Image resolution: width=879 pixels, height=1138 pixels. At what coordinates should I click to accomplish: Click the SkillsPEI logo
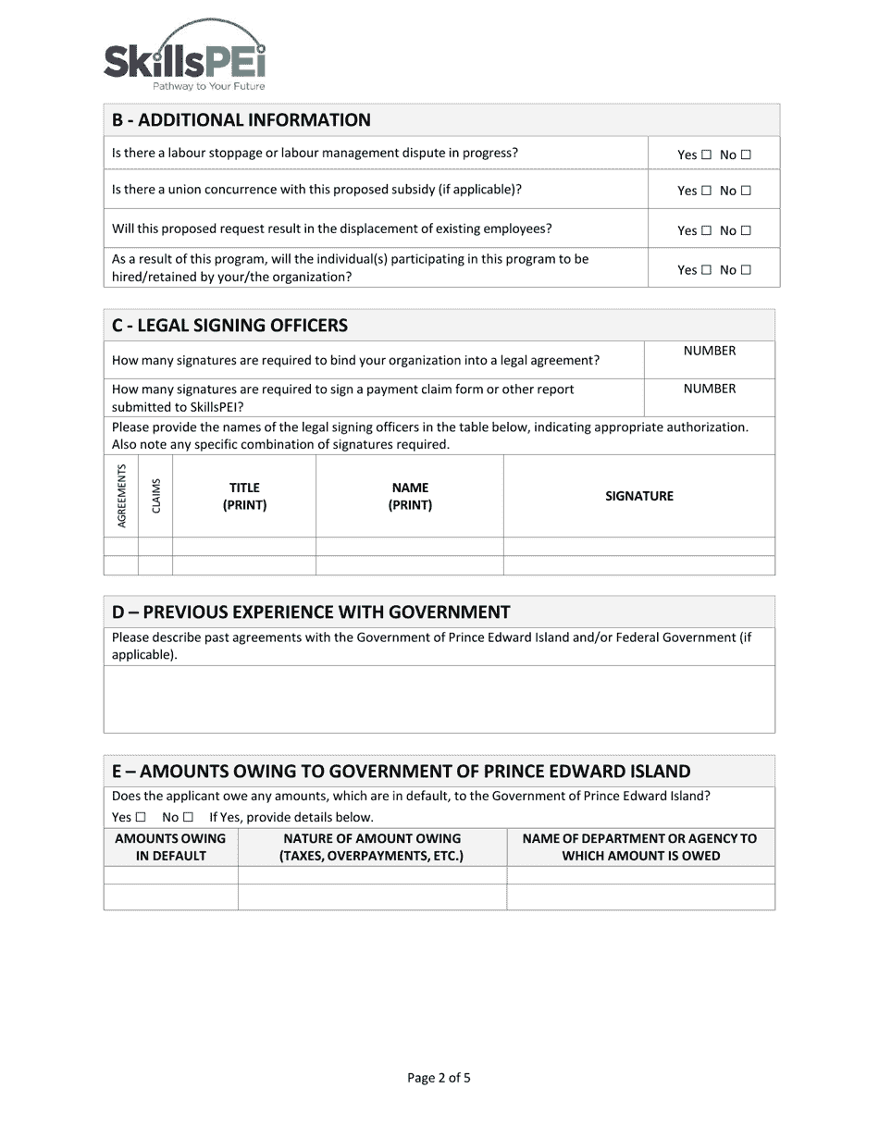(x=185, y=56)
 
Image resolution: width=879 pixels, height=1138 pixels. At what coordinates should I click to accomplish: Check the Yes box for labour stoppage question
(x=707, y=155)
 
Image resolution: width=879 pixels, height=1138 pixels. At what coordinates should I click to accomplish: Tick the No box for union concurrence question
(x=747, y=192)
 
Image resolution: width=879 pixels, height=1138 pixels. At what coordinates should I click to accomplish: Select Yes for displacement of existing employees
(x=707, y=231)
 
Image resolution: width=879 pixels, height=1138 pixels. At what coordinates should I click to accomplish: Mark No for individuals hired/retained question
(x=747, y=270)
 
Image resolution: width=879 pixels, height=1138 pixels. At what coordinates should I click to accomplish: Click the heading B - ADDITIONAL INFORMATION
(x=241, y=120)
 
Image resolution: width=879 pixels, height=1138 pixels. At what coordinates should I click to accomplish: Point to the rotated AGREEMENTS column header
(x=121, y=496)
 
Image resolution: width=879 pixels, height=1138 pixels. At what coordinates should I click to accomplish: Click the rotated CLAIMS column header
(x=155, y=496)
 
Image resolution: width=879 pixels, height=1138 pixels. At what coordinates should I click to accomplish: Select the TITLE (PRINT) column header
(x=244, y=496)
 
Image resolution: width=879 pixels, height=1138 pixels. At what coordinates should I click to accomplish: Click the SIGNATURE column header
(x=639, y=496)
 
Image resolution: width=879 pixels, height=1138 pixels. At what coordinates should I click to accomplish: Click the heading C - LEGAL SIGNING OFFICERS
(x=229, y=326)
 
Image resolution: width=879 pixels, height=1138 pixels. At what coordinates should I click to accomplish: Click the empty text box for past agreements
(x=439, y=699)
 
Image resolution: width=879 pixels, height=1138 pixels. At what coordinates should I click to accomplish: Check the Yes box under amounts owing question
(x=141, y=817)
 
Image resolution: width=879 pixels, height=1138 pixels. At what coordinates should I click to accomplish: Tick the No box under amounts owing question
(x=188, y=817)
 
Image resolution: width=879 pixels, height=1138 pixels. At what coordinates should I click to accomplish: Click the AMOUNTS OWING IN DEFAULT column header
(x=170, y=847)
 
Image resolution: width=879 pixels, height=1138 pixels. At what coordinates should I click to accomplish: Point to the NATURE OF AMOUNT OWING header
(x=372, y=847)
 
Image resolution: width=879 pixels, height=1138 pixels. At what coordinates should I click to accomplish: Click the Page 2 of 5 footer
(x=439, y=1077)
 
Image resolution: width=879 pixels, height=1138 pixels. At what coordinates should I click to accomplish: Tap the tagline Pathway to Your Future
(x=208, y=86)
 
